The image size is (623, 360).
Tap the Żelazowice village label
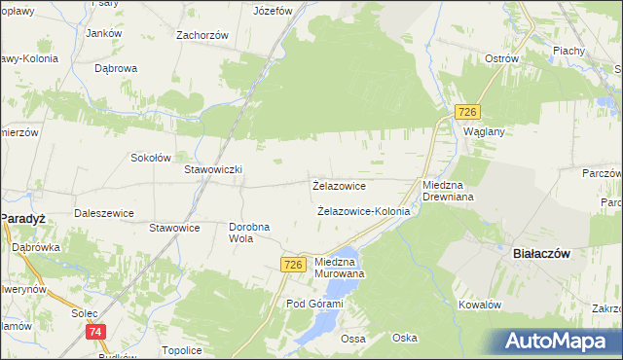point(339,185)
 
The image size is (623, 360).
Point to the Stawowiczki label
point(213,169)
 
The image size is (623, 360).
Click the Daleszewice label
point(103,212)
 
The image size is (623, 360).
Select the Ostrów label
point(500,58)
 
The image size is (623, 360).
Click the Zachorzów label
point(202,35)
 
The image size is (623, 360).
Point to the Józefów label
point(273,12)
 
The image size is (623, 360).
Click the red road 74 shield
point(94,333)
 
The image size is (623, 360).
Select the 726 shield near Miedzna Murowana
point(294,264)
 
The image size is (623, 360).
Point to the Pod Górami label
point(314,305)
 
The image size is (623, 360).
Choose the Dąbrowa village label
point(116,69)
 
